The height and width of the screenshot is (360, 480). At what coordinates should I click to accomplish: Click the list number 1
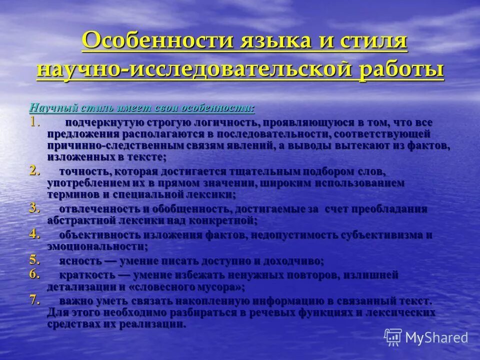click(33, 121)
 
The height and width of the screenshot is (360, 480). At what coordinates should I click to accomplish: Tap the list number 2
click(34, 170)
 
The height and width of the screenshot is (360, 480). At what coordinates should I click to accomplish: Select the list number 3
click(34, 208)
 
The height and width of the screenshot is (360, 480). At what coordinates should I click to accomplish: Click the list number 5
click(34, 260)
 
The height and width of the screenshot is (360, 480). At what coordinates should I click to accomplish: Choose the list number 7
click(34, 300)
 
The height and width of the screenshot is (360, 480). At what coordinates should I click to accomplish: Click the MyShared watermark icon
click(393, 337)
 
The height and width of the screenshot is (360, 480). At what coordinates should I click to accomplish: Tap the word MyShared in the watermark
click(436, 337)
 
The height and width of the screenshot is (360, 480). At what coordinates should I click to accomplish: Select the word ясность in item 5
click(79, 261)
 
